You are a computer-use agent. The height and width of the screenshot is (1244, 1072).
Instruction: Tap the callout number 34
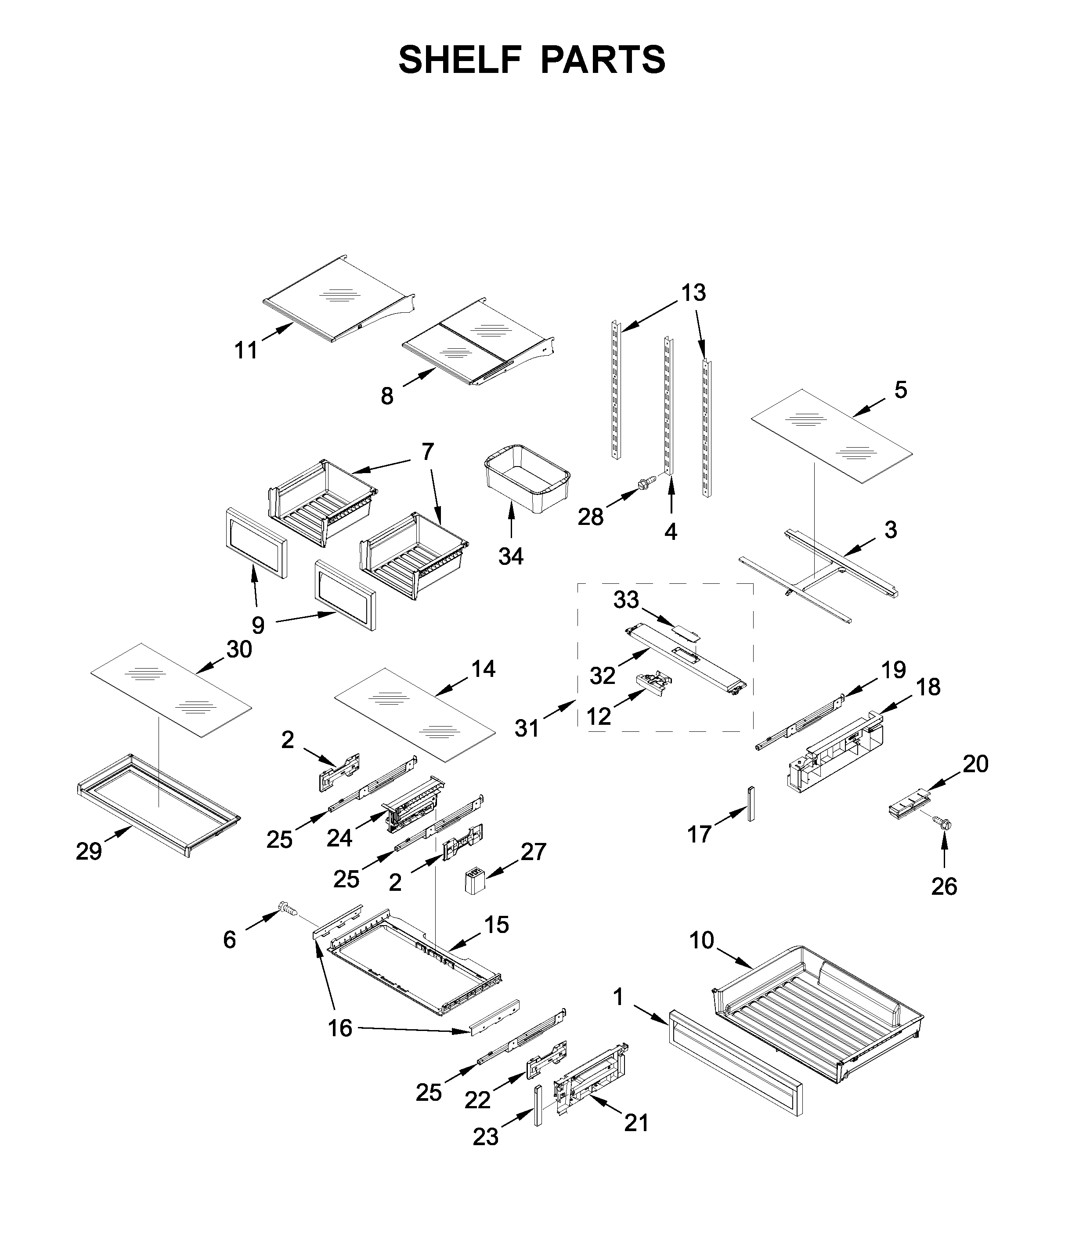[x=511, y=557]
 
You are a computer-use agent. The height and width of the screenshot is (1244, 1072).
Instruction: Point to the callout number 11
[x=246, y=350]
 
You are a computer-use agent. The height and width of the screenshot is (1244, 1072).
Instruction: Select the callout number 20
[x=975, y=764]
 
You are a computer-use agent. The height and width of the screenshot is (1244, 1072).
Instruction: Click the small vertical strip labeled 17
[x=750, y=803]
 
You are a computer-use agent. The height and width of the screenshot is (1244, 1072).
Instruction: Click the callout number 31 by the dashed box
[x=527, y=728]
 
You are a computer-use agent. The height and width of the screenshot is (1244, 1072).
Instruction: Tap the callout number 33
[x=626, y=599]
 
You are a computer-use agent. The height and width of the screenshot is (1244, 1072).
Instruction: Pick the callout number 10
[x=701, y=940]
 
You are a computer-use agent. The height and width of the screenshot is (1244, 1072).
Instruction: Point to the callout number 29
[x=89, y=851]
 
